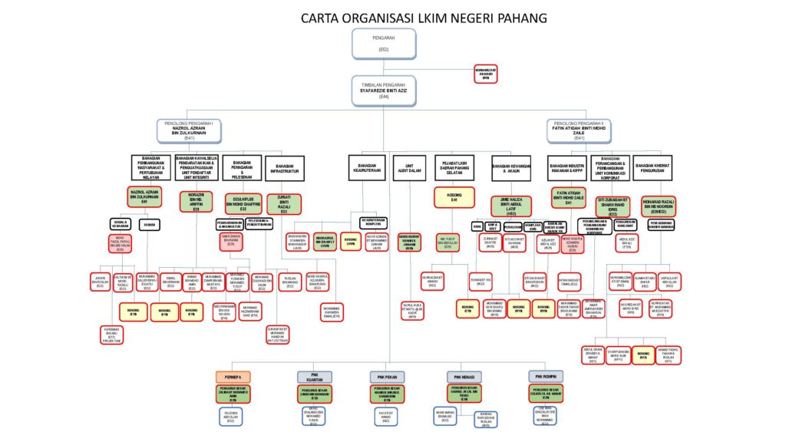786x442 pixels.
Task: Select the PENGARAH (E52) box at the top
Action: pyautogui.click(x=384, y=44)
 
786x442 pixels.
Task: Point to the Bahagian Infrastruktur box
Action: pyautogui.click(x=284, y=168)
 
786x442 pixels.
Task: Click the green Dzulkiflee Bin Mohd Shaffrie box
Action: pyautogui.click(x=243, y=203)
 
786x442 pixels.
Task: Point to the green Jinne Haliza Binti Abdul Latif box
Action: pyautogui.click(x=511, y=206)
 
